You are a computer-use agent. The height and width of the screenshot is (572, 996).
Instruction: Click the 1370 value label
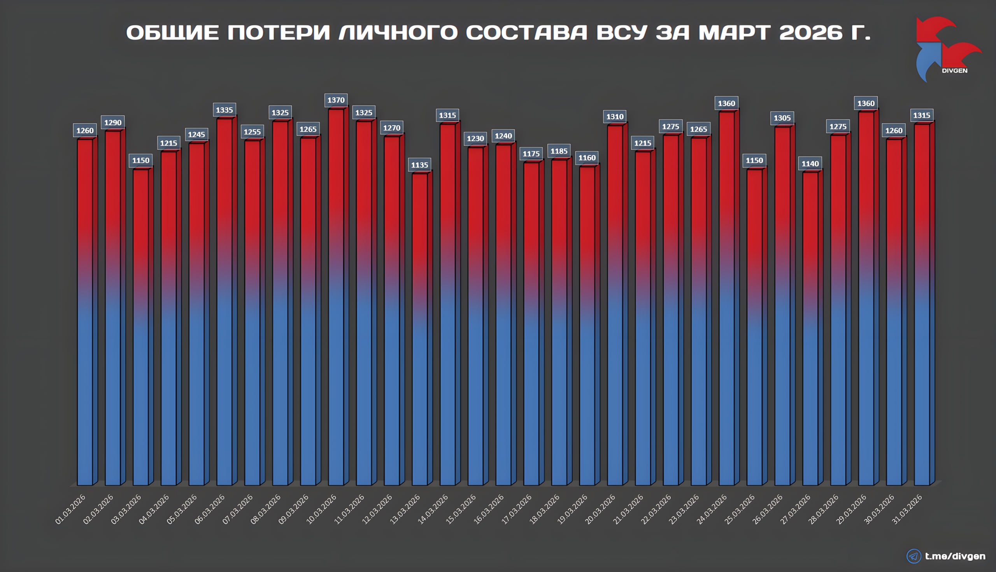(x=336, y=100)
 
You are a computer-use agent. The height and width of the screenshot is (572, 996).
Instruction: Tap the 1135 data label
(x=419, y=165)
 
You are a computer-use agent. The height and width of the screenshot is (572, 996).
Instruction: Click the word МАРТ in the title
(x=734, y=32)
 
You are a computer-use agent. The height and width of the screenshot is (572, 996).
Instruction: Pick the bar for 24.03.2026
(x=726, y=299)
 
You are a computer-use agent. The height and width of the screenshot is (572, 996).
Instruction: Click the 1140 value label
(x=810, y=164)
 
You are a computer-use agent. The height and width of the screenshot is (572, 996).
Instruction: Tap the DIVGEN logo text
(x=954, y=71)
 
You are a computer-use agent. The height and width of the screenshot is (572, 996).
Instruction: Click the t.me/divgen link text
(x=955, y=556)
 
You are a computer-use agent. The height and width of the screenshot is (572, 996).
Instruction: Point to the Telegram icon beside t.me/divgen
(x=914, y=556)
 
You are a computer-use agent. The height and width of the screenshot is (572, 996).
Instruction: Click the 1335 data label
(x=224, y=110)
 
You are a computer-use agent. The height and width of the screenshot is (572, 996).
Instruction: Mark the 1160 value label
(x=587, y=158)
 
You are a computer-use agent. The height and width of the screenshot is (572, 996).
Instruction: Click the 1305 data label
(x=782, y=118)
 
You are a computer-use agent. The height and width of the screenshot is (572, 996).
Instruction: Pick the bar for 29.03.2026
(x=866, y=299)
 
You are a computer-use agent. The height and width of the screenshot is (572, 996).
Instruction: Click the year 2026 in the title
(x=810, y=32)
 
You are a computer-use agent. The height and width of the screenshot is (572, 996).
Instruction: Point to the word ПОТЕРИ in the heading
(x=278, y=32)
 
